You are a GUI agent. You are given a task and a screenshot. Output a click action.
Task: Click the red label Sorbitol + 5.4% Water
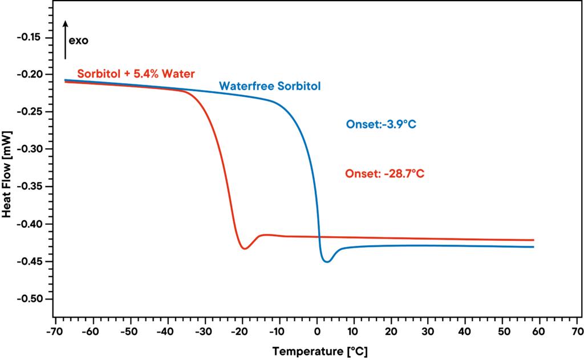click(136, 74)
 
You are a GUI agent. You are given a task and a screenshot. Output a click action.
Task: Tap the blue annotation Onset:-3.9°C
click(381, 124)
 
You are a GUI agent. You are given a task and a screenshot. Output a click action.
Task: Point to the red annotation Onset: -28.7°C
click(384, 174)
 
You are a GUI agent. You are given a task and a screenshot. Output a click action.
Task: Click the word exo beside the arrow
click(79, 41)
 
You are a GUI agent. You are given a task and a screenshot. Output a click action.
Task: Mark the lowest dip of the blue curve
click(327, 262)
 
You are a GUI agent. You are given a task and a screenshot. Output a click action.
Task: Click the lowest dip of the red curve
click(244, 249)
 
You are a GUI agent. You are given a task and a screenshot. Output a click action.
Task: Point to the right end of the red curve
click(533, 240)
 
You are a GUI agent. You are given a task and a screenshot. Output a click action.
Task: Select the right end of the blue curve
click(533, 246)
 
